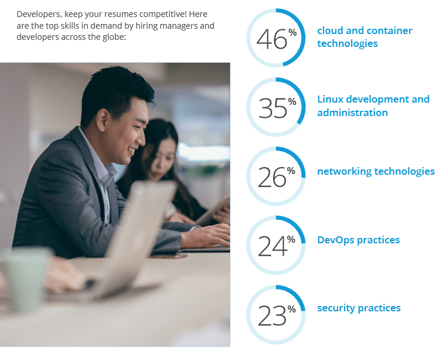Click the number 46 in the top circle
271,39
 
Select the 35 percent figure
273,108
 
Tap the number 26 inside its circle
271,177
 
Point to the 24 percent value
272,246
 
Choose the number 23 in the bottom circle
271,315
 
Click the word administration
352,113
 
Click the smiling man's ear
102,120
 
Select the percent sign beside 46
292,32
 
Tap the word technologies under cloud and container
348,43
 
